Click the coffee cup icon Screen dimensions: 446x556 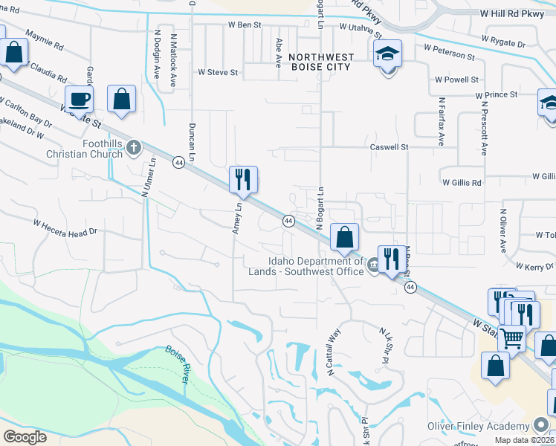pos(79,98)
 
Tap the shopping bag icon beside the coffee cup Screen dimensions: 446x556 pos(121,98)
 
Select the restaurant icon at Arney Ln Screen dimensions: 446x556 pos(243,179)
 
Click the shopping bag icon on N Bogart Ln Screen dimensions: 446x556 pos(344,237)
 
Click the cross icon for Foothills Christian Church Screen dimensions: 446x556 pos(134,146)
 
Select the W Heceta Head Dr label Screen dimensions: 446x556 pos(65,227)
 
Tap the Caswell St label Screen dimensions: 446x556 pos(389,147)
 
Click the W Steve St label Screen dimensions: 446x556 pos(217,73)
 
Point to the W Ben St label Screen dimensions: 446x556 pos(245,25)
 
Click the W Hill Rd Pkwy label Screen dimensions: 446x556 pos(513,13)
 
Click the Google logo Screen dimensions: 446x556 pos(25,436)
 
